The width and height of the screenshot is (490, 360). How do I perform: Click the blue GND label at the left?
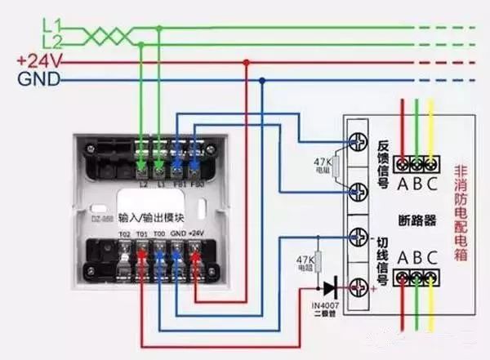(x=35, y=79)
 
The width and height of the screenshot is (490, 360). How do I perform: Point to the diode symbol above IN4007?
(x=328, y=287)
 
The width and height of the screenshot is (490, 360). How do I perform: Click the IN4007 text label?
(x=325, y=306)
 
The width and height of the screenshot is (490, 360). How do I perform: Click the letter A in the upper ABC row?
(x=403, y=182)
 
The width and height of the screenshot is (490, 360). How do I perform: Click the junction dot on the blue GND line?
(x=261, y=80)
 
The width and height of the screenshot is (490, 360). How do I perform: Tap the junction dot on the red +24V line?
(x=246, y=61)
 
